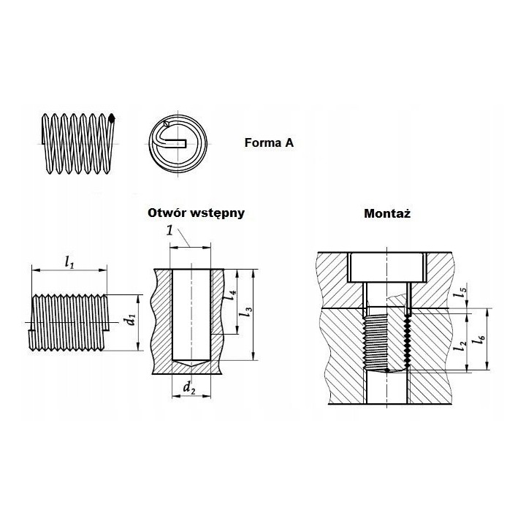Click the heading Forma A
point(269,143)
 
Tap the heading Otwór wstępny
point(197,213)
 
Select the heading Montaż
point(387,213)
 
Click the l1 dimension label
point(69,262)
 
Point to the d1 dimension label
point(131,319)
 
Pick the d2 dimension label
point(189,388)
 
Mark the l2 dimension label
point(460,346)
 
